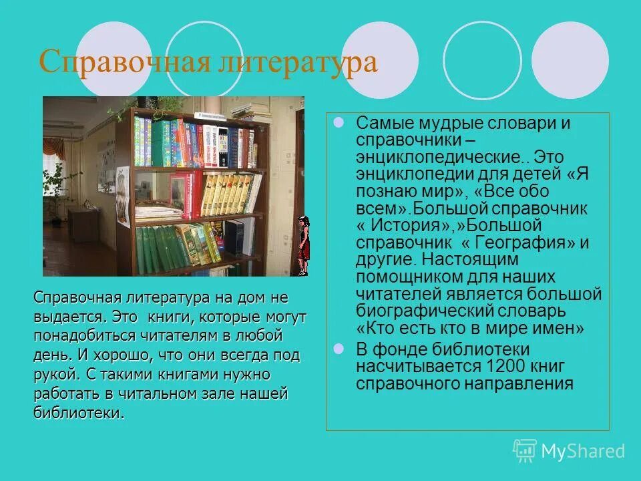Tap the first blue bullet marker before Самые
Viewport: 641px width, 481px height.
[x=338, y=123]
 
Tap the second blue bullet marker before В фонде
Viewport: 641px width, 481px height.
[x=338, y=349]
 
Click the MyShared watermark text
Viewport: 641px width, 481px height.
[x=583, y=452]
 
